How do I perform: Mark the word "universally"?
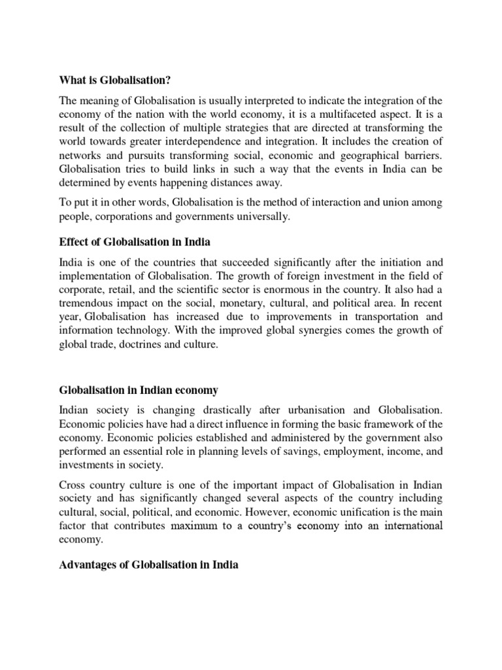(x=258, y=217)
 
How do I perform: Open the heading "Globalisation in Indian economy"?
(x=139, y=390)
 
